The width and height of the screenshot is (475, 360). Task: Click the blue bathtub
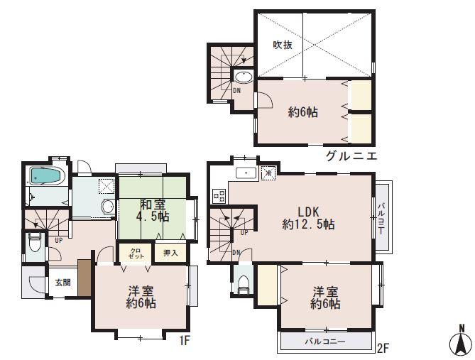[x=47, y=175]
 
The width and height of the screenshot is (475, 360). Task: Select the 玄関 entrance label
[x=62, y=282]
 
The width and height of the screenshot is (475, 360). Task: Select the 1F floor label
[x=185, y=342]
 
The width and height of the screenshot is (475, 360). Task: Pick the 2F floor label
[x=383, y=348]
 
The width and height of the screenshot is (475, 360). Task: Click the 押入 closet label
[x=170, y=252]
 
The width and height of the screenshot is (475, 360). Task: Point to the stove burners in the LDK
[x=219, y=193]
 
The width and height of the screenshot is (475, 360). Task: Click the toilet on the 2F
[x=243, y=283]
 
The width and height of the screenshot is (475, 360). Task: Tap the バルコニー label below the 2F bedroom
[x=326, y=342]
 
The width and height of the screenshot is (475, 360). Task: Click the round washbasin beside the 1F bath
[x=107, y=207]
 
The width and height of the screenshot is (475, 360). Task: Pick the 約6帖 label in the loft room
[x=302, y=111]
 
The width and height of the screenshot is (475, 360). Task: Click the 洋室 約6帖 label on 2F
[x=325, y=298]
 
